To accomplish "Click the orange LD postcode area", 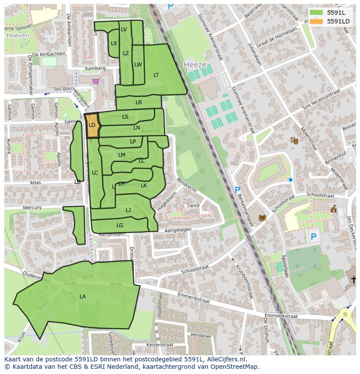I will pos(92,126).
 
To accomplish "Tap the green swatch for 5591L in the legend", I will pos(317,13).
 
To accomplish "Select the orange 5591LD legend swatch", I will pos(317,21).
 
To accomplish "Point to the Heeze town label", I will pos(195,64).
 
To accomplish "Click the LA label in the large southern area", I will pos(83,297).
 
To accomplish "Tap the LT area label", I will pos(156,75).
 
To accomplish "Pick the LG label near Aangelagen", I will pos(120,225).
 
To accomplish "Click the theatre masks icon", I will pos(294,140).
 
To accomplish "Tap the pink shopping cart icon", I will pos(96,81).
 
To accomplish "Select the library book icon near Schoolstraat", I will pos(262,218).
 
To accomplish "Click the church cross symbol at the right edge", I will pos(354,279).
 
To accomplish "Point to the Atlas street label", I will pos(36,183).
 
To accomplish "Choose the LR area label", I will pos(139,103).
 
